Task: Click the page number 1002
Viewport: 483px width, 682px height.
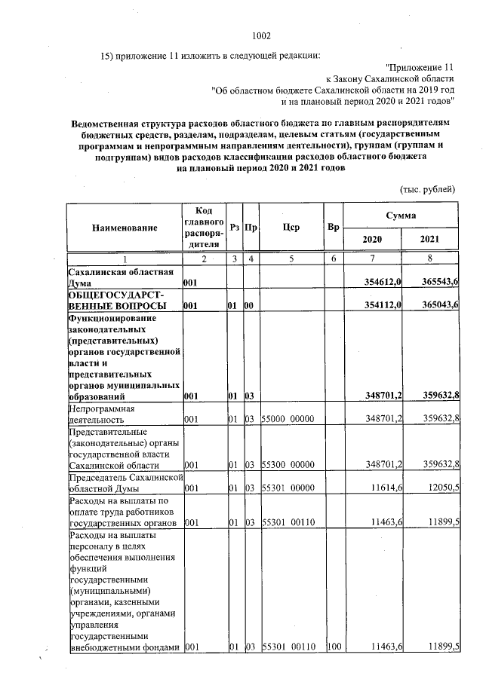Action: (x=260, y=35)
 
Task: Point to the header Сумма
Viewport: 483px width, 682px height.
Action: (x=401, y=216)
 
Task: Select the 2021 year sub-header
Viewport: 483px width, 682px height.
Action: (x=429, y=239)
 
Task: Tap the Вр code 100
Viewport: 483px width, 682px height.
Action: (x=334, y=647)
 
